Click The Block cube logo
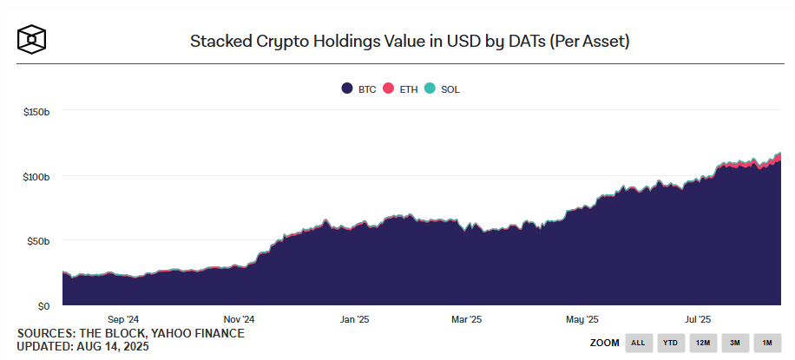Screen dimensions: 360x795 coord(32,39)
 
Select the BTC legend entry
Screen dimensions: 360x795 coord(359,89)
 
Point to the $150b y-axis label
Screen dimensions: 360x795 coord(36,111)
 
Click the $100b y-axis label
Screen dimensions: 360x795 coord(36,176)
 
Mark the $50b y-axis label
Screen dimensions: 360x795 coord(39,241)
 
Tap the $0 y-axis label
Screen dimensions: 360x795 coord(43,306)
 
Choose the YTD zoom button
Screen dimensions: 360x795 coord(671,343)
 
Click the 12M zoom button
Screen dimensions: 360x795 coord(703,343)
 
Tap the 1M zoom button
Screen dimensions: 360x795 coord(767,343)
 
